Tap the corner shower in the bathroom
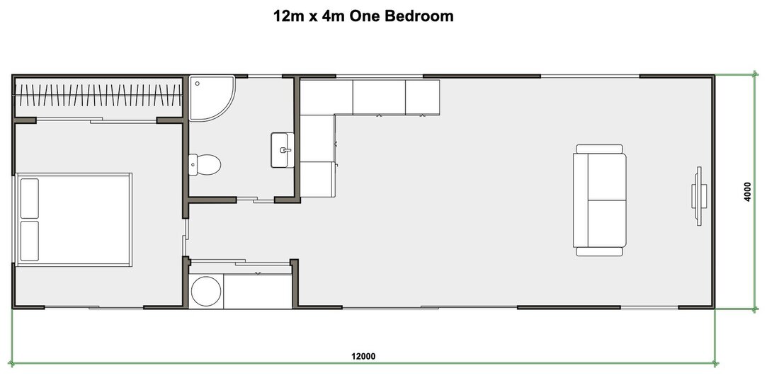point(208,96)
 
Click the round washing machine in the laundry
point(207,291)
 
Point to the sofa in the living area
point(599,200)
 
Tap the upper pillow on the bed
point(30,198)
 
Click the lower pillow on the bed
point(30,241)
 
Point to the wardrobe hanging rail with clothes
point(98,95)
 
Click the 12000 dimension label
point(362,356)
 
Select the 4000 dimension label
point(747,192)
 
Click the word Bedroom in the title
point(419,16)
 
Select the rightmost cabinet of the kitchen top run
point(422,96)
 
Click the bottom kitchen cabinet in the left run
point(317,179)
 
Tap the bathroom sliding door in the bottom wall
point(255,200)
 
